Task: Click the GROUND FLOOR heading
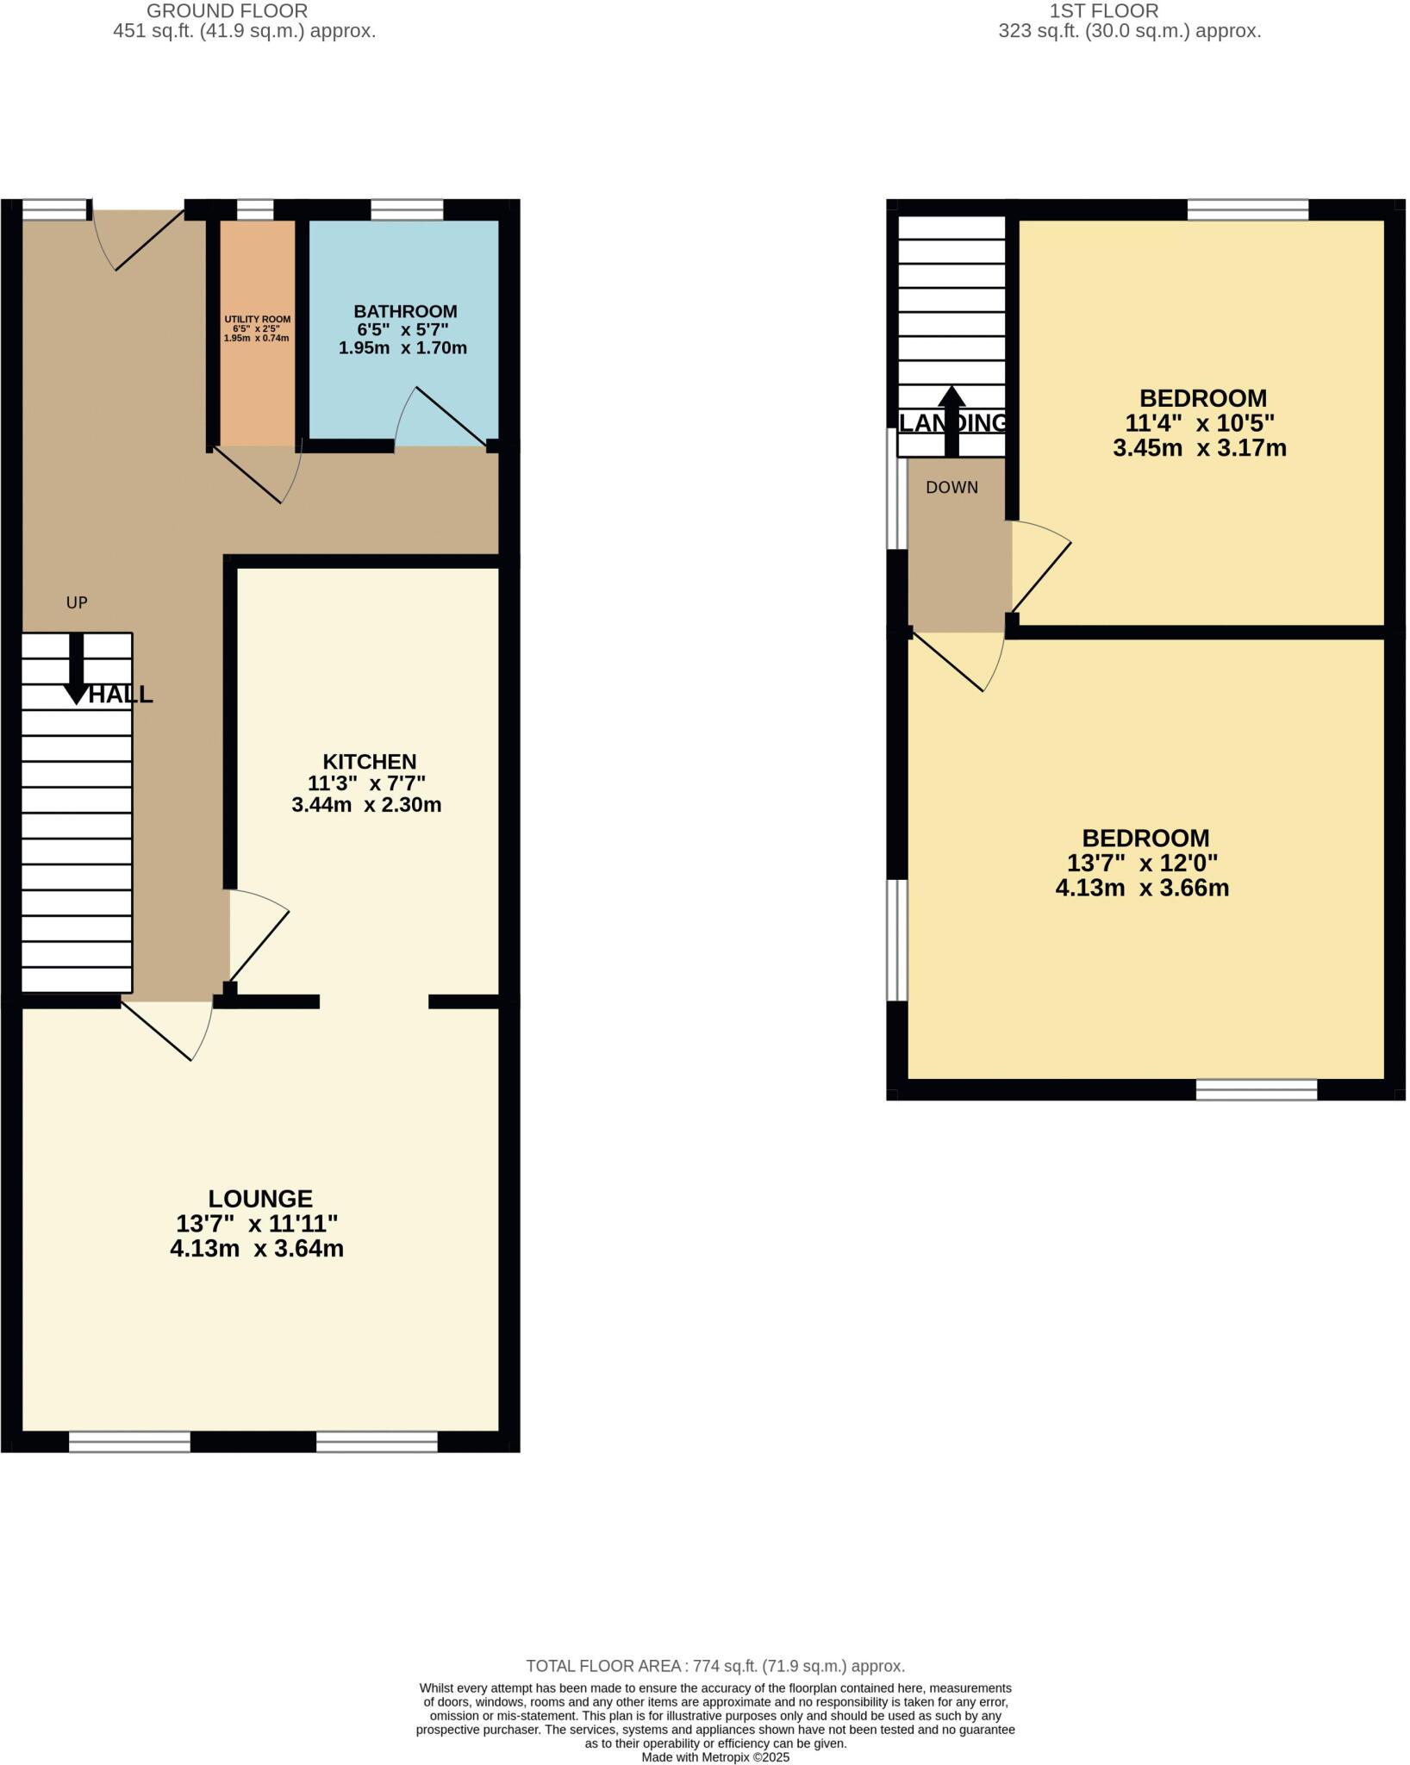[x=227, y=11]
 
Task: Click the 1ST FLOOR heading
[x=1103, y=11]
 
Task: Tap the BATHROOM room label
[x=405, y=311]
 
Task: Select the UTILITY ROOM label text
[x=257, y=319]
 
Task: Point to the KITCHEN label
[x=369, y=761]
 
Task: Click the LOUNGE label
[x=260, y=1198]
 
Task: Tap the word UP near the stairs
[x=77, y=602]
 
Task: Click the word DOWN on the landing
[x=951, y=488]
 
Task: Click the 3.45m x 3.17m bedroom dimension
[x=1199, y=448]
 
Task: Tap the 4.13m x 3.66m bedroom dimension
[x=1142, y=888]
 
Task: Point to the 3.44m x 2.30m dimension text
[x=366, y=805]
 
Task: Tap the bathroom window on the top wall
[x=407, y=209]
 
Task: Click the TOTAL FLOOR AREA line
[x=714, y=1666]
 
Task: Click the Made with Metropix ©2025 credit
[x=715, y=1756]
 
